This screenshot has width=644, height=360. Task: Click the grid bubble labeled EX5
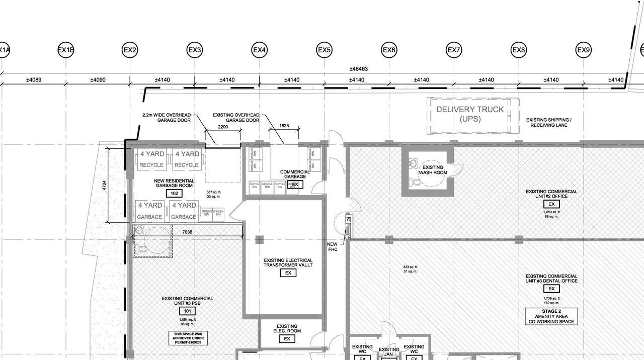[324, 50]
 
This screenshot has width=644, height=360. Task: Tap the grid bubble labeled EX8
[519, 50]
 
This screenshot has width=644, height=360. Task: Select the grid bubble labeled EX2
[130, 50]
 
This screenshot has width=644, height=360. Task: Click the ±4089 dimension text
[34, 79]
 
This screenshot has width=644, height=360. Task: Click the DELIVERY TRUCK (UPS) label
[469, 114]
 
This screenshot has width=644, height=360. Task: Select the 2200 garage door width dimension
[222, 128]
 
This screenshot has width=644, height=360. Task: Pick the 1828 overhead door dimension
[284, 125]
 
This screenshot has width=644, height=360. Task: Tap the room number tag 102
[175, 194]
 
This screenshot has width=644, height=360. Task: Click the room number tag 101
[187, 311]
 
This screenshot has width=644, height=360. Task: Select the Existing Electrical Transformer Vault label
[288, 262]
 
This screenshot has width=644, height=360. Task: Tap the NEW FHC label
[332, 247]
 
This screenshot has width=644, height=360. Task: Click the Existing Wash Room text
[433, 170]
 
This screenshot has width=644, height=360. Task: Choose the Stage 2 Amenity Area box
[551, 316]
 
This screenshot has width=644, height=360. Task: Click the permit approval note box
[187, 338]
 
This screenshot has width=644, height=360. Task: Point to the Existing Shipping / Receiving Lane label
[548, 122]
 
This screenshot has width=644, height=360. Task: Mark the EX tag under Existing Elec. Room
[287, 339]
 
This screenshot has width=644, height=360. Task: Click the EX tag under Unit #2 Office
[551, 204]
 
